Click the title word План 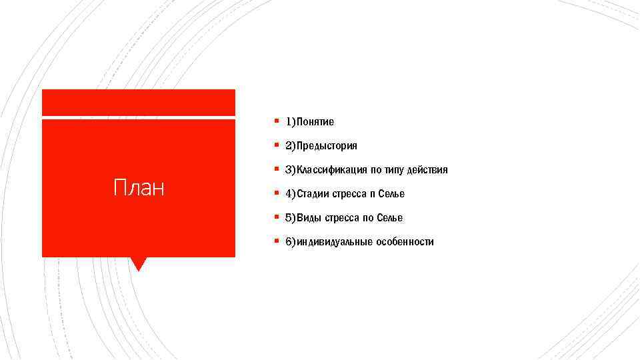point(139,189)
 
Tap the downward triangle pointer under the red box point(138,263)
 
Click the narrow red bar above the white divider point(138,102)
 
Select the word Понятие point(315,122)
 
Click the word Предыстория point(327,146)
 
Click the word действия point(431,170)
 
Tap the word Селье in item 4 point(391,194)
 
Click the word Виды point(309,218)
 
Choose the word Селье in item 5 point(389,218)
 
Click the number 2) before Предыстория point(291,146)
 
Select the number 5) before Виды point(291,218)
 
